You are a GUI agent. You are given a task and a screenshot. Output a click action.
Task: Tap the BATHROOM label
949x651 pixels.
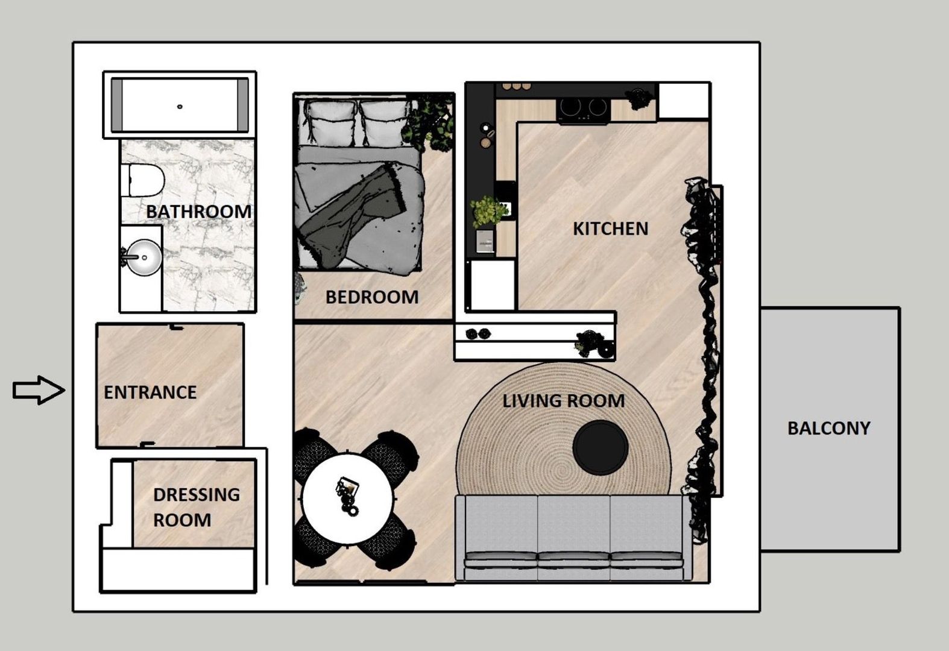[198, 212]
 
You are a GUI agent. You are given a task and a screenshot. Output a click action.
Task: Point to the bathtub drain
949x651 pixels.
[180, 107]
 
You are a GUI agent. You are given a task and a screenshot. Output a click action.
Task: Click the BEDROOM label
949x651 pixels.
[371, 297]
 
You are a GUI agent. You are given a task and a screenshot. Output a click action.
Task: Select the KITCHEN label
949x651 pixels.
[610, 228]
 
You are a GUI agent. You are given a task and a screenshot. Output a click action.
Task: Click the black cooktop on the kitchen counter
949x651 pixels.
[582, 108]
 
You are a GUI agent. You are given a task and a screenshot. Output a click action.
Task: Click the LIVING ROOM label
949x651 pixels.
[563, 401]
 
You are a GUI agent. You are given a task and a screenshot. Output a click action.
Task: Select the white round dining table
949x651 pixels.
[347, 498]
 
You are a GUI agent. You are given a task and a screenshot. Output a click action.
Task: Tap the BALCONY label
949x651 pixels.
[828, 428]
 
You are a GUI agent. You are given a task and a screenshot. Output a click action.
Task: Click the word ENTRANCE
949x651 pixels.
[150, 392]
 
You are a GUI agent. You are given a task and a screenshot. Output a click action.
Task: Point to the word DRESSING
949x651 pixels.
[197, 494]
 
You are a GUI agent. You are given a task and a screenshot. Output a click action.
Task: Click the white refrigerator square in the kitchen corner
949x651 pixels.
[683, 101]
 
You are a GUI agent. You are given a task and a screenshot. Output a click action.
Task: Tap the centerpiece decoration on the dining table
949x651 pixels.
[348, 494]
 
